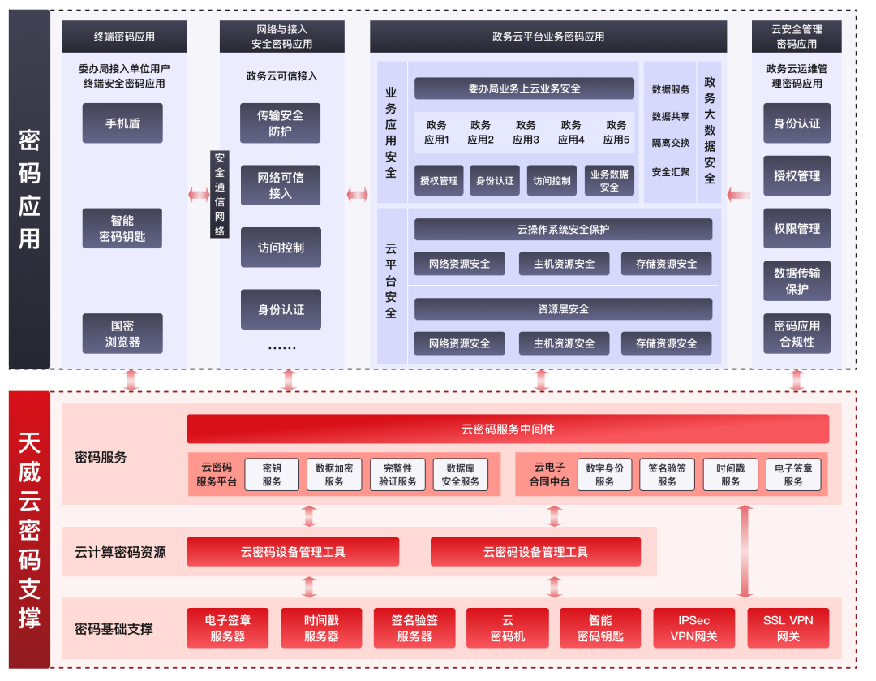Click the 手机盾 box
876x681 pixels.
pos(122,123)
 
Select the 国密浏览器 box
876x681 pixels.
pos(122,334)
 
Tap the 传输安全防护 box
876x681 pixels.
pos(280,123)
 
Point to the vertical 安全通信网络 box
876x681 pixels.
pos(220,195)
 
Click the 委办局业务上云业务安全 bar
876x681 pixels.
pos(524,88)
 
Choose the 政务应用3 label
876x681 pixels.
pos(526,132)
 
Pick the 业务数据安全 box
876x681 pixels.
pos(609,181)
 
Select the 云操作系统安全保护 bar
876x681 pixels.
pos(563,230)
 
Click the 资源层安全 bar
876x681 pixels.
pos(563,309)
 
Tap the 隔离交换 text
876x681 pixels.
pos(670,143)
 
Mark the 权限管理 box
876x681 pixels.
pos(797,229)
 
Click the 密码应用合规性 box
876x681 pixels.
pos(797,334)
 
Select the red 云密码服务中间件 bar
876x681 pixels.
pos(508,429)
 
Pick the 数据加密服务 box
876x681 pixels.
pos(334,475)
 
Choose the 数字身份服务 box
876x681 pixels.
pos(604,475)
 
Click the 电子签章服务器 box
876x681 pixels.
pos(228,628)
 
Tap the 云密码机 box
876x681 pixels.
pos(508,628)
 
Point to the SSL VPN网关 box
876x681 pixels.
pos(788,628)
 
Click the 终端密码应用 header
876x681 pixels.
pos(124,37)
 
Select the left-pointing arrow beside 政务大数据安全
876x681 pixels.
pos(738,194)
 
